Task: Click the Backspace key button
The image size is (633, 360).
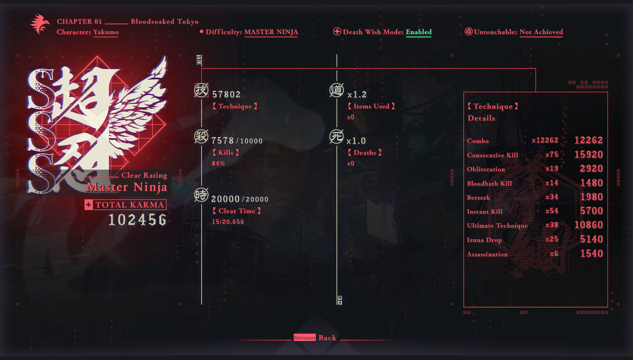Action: [305, 338]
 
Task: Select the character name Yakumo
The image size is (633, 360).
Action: [106, 32]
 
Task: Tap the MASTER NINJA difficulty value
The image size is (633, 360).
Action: [271, 32]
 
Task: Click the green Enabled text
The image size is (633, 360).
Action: [418, 32]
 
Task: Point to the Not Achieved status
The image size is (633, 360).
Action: [541, 32]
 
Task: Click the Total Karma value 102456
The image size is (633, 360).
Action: [137, 220]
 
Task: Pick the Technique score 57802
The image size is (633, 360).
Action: [226, 94]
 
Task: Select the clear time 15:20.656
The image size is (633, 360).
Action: [228, 222]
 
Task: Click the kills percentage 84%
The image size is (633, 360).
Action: [218, 163]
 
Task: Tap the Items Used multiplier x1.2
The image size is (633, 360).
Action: [357, 95]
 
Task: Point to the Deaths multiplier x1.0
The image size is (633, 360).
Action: [356, 141]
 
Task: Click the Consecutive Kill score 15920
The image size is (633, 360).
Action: [588, 154]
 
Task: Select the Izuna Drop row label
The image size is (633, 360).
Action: [484, 240]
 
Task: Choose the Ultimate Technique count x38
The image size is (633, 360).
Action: [552, 225]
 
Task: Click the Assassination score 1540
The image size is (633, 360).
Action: [591, 254]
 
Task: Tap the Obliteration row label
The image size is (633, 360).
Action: [486, 169]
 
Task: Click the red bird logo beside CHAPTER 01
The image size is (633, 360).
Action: [40, 24]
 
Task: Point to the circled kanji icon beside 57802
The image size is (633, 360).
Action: [201, 90]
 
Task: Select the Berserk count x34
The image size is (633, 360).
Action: [552, 197]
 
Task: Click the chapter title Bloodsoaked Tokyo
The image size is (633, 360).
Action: [165, 22]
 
